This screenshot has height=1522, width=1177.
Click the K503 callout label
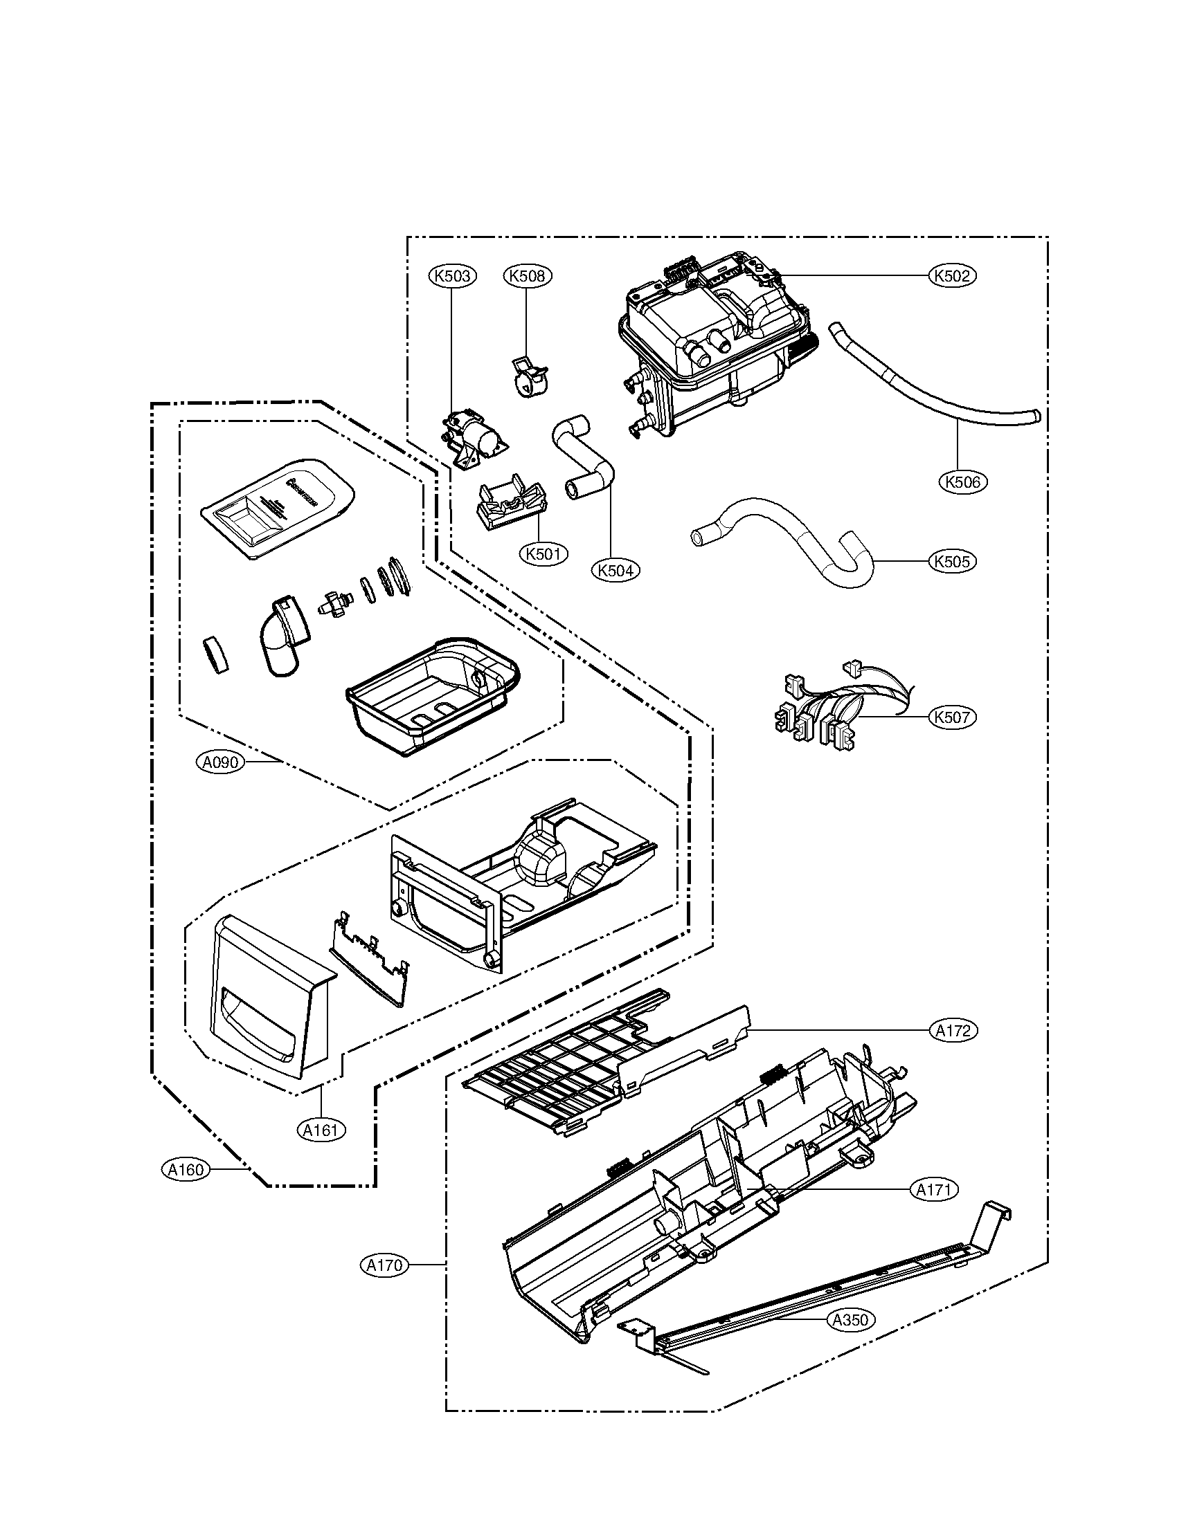point(451,276)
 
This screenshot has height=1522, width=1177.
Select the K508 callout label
point(527,276)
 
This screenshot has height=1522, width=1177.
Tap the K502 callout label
point(953,276)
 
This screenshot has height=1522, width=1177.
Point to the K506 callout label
point(963,481)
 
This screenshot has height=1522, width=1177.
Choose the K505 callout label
point(952,561)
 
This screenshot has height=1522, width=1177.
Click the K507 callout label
point(952,717)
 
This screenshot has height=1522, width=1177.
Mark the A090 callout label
point(221,762)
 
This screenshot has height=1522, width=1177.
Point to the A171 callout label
point(934,1191)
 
